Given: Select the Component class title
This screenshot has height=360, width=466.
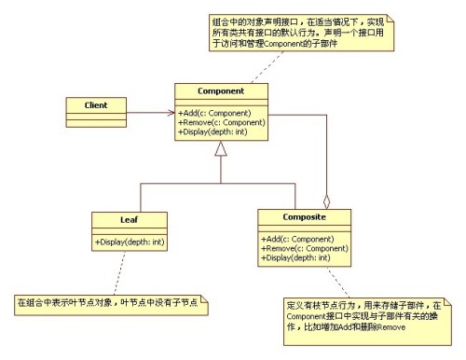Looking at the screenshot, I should click(x=222, y=91).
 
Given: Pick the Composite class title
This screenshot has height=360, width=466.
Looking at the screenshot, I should click(x=305, y=218).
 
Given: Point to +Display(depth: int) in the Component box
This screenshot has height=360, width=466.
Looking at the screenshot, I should click(x=216, y=132).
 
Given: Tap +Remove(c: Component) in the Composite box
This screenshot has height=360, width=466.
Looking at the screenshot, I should click(x=302, y=248).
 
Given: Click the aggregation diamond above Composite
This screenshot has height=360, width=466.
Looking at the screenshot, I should click(x=325, y=201).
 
